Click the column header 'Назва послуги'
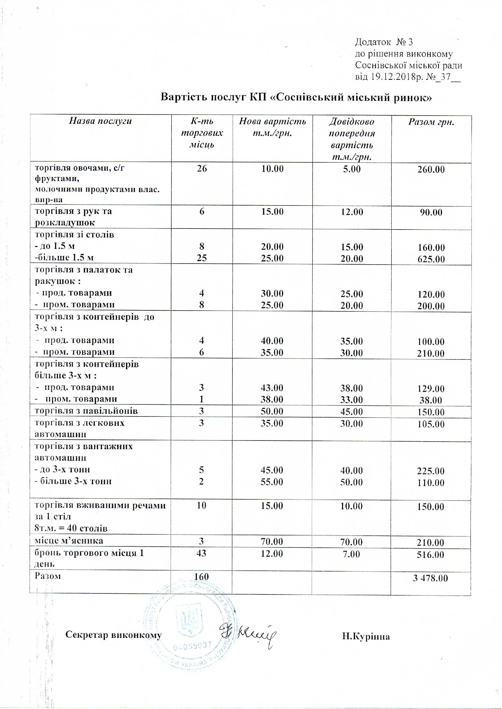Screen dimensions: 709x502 [x=100, y=121]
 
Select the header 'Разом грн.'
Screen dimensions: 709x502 [x=431, y=122]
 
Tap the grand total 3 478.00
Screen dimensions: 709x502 [x=430, y=578]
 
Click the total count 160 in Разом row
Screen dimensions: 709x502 [x=201, y=577]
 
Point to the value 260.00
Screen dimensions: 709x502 [x=431, y=169]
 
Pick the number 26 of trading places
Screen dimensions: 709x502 [x=202, y=168]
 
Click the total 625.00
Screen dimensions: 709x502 [x=431, y=259]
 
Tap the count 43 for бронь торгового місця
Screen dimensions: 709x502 [x=201, y=553]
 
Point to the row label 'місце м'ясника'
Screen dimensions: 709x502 [x=69, y=541]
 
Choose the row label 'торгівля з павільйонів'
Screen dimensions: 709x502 [x=86, y=411]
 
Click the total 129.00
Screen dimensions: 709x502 [x=431, y=388]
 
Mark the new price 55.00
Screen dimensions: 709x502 [x=272, y=482]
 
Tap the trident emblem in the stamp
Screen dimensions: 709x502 [x=190, y=621]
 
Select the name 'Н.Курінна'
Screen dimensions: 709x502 [x=366, y=636]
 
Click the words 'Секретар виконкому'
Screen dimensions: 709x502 [x=113, y=634]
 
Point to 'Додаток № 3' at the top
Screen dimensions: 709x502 [x=384, y=42]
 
